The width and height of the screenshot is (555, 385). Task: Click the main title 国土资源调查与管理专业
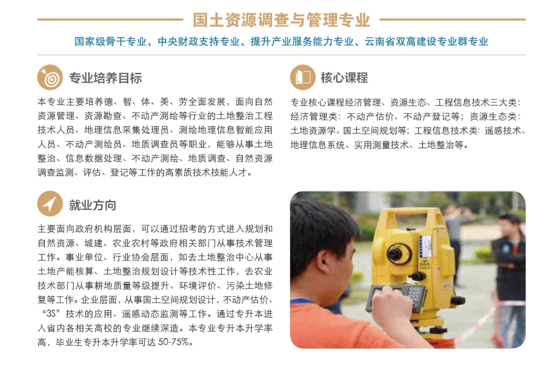click(x=281, y=20)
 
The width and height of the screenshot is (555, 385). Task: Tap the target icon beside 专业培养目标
click(x=50, y=77)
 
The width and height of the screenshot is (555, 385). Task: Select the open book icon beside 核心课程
click(x=303, y=77)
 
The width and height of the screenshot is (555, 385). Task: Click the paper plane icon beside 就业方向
click(x=50, y=204)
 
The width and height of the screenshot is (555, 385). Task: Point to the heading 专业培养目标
click(x=105, y=78)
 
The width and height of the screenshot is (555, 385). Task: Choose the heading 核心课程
click(x=345, y=78)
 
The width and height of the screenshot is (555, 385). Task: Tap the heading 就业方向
click(x=92, y=205)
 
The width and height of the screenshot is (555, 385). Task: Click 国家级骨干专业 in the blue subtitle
click(x=110, y=42)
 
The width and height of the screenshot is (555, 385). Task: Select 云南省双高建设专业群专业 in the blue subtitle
click(x=426, y=42)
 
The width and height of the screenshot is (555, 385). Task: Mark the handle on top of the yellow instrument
click(x=408, y=214)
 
